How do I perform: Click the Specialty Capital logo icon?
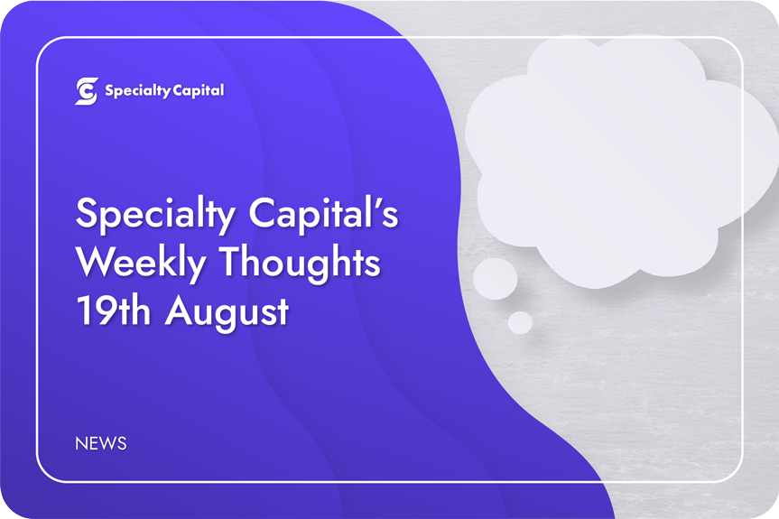(87, 91)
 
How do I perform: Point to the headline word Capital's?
(323, 215)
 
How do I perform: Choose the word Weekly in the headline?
(141, 264)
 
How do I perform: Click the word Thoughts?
(300, 264)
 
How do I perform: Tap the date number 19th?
(113, 311)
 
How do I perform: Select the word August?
(227, 313)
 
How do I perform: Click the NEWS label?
(101, 443)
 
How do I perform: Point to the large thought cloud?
(621, 159)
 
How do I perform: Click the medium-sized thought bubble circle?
(496, 279)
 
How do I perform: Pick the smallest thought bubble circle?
(520, 323)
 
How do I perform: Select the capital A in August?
(180, 310)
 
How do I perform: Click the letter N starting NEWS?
(81, 443)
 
